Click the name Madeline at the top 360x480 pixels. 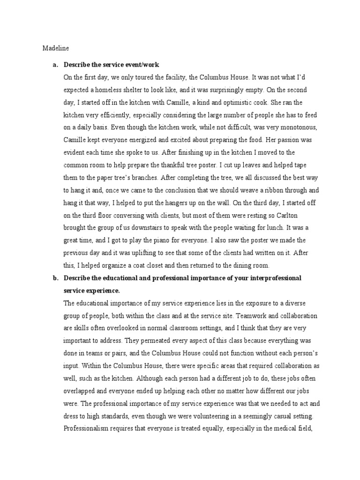55,47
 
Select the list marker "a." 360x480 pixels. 54,64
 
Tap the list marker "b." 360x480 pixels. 55,278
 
